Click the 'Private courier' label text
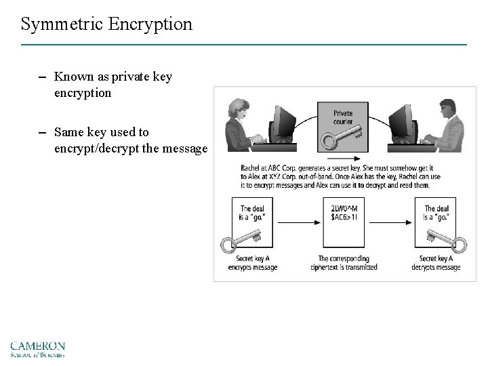coord(343,117)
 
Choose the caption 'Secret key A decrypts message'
coord(435,262)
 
